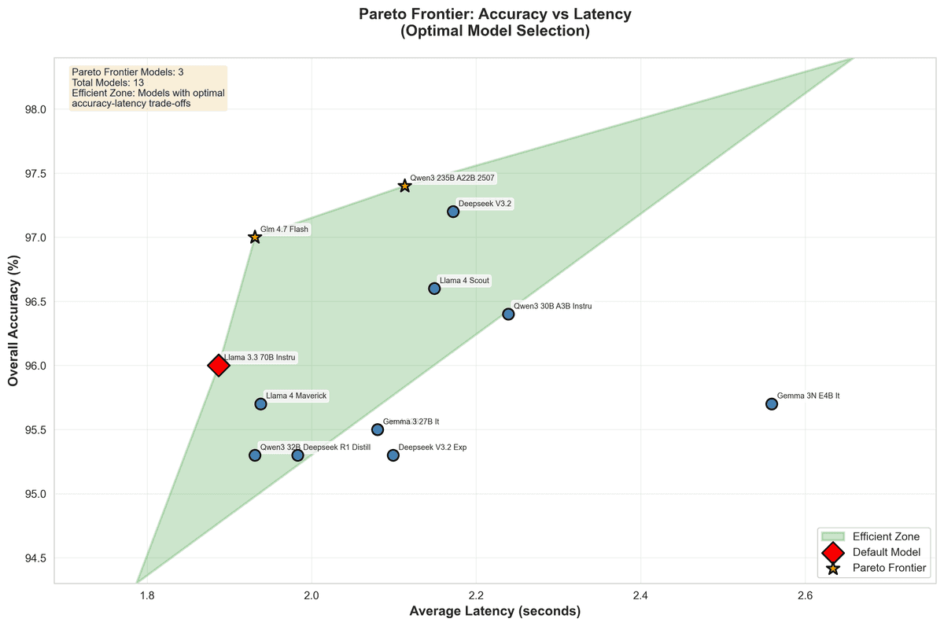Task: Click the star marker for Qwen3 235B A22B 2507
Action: pos(404,186)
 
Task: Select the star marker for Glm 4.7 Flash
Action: pos(254,237)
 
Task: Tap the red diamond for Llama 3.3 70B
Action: pos(219,365)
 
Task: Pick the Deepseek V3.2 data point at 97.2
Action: pos(453,212)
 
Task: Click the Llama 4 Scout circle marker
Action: pos(434,289)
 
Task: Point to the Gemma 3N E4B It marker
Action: pos(772,403)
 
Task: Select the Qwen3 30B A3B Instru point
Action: pos(508,314)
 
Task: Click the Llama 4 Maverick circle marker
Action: pos(260,403)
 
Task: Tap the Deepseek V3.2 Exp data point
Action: pos(393,455)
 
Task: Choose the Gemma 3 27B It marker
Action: pos(378,429)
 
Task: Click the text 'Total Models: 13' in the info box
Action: pos(108,82)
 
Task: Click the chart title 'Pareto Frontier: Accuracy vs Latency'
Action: pos(495,14)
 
